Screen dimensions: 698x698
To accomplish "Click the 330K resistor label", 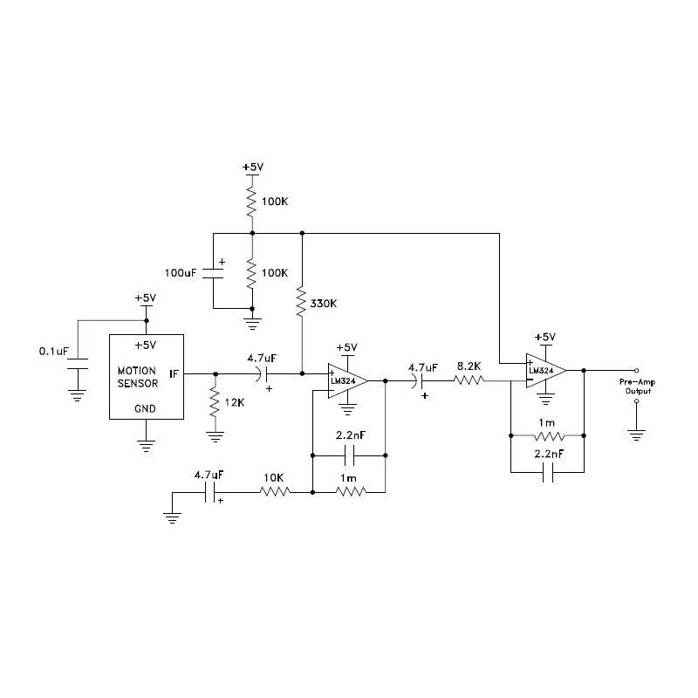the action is (323, 304).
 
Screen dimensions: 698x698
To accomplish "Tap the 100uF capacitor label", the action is (181, 273).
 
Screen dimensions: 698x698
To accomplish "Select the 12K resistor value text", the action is (235, 402).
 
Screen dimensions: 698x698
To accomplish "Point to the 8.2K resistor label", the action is (469, 366).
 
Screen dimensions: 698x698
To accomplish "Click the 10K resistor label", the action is (273, 477).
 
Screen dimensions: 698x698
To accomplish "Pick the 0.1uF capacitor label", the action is (54, 352).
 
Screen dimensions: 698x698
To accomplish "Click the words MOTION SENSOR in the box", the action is (138, 377).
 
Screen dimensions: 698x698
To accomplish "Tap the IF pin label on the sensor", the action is (174, 374).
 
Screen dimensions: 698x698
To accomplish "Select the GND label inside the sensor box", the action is (145, 408).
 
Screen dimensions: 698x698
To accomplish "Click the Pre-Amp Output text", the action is (638, 387).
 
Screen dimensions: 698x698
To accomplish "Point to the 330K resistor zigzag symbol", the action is (302, 302).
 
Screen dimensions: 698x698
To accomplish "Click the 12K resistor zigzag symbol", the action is (216, 402).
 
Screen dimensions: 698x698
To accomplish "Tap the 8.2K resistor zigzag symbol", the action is (469, 380).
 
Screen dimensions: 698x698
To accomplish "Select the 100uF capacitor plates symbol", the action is (213, 274).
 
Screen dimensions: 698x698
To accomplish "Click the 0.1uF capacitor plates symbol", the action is (78, 364).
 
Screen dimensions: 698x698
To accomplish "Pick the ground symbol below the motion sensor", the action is (146, 446).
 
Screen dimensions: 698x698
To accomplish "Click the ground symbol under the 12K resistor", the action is (216, 437).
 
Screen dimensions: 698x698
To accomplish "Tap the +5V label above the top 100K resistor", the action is (253, 168).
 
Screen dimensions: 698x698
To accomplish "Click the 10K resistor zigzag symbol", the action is (275, 492).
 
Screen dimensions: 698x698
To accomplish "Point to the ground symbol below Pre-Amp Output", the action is (637, 435).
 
